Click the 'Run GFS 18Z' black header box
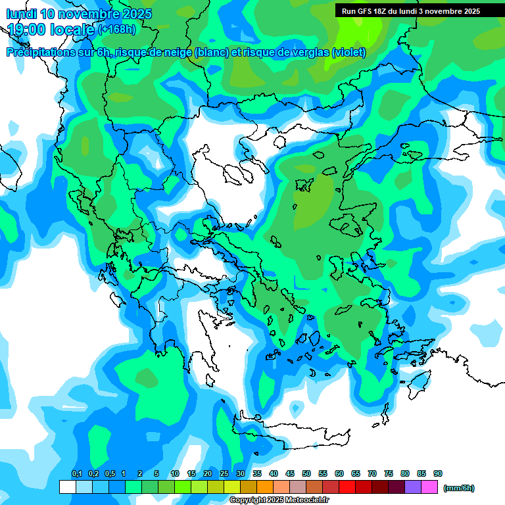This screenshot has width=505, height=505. pyautogui.click(x=420, y=11)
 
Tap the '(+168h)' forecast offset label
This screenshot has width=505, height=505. pyautogui.click(x=117, y=30)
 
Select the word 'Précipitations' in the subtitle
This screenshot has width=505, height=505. pyautogui.click(x=40, y=53)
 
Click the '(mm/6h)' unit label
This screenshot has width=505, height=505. pyautogui.click(x=458, y=488)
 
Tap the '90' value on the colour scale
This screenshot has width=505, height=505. pyautogui.click(x=438, y=474)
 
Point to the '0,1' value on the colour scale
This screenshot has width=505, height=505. pyautogui.click(x=76, y=474)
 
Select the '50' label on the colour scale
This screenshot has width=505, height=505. pyautogui.click(x=306, y=474)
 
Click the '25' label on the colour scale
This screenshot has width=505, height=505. pyautogui.click(x=224, y=474)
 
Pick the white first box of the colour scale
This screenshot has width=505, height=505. pyautogui.click(x=67, y=487)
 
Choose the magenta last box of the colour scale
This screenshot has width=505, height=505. pyautogui.click(x=430, y=487)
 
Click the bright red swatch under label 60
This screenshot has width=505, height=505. pyautogui.click(x=347, y=487)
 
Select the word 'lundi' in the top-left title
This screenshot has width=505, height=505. pyautogui.click(x=21, y=14)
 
